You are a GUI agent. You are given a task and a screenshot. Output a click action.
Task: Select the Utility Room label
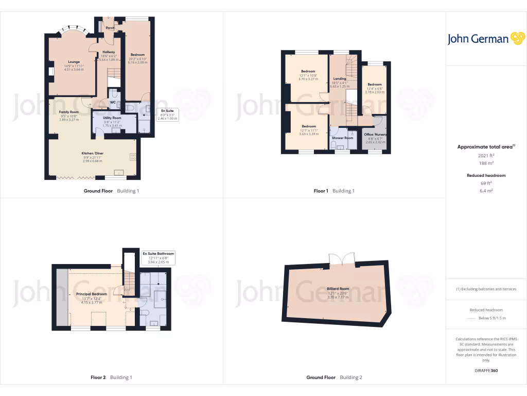(112, 118)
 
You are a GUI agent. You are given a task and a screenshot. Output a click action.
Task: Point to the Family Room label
(68, 112)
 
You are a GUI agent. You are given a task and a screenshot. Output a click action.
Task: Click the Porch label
(110, 28)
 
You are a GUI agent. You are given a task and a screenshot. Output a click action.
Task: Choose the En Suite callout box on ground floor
(167, 114)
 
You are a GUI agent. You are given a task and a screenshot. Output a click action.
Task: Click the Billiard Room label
(338, 289)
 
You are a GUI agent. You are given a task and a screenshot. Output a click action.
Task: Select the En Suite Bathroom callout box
(159, 258)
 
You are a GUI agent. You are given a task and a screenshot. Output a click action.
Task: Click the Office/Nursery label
(375, 135)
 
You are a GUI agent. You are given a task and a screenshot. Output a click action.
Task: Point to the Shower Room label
(342, 138)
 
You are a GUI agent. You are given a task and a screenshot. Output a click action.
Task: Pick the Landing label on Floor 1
(340, 78)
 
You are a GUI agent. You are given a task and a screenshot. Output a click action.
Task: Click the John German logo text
(478, 39)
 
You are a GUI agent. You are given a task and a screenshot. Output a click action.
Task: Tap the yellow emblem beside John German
(517, 39)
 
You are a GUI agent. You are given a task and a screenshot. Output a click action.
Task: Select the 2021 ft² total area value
(486, 155)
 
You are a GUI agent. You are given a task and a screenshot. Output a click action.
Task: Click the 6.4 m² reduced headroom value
(486, 190)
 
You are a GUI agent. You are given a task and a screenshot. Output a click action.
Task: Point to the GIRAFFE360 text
(486, 370)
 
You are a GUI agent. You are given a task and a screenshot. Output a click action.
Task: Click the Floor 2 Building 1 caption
(111, 377)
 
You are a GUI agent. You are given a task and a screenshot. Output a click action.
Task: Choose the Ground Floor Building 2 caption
(334, 377)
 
